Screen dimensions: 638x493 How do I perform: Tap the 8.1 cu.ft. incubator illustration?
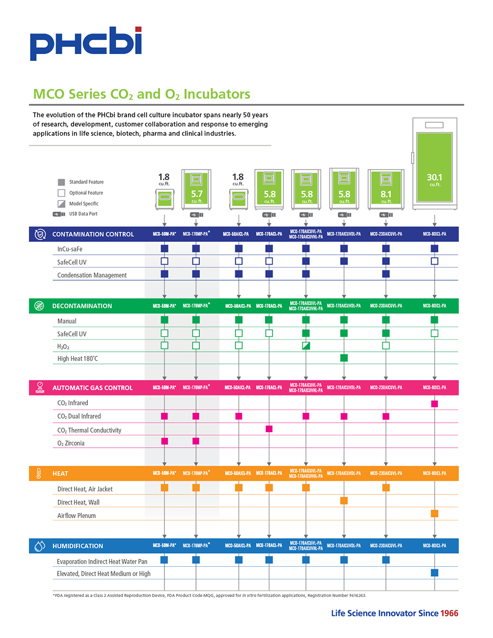pos(386,188)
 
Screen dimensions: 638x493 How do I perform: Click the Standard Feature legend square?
pos(61,182)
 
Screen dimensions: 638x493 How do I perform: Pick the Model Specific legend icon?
pos(61,203)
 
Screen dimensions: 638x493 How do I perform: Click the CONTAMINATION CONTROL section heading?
pos(93,234)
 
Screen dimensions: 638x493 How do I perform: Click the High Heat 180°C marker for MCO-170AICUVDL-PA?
pos(344,358)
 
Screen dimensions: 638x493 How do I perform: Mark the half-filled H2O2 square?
pos(306,345)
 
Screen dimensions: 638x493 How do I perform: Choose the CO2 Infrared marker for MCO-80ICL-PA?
pos(434,403)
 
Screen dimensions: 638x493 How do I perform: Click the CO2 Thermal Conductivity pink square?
pos(269,429)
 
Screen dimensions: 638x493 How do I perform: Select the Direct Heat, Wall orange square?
pos(344,501)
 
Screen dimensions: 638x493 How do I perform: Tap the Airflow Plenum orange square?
pos(434,514)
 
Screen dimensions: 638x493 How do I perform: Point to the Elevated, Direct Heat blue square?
pos(434,572)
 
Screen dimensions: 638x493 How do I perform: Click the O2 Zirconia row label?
pos(71,443)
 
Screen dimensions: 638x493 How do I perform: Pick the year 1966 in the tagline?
pos(449,614)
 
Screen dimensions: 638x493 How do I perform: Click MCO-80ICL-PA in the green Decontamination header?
pos(434,306)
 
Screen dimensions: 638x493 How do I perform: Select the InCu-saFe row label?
pos(70,249)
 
